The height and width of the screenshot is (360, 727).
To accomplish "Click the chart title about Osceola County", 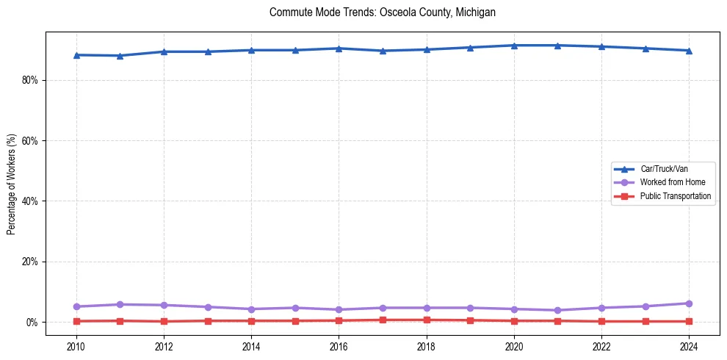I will (383, 12).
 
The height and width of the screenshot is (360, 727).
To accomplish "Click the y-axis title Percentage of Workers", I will (11, 184).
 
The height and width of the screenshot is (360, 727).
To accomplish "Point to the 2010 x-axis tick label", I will (76, 346).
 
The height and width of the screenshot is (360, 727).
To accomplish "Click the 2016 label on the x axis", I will (339, 346).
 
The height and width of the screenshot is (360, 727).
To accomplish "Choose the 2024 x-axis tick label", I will (689, 346).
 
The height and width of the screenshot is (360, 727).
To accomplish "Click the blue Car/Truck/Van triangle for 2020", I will (514, 46).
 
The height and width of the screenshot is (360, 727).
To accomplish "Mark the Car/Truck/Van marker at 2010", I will (76, 55).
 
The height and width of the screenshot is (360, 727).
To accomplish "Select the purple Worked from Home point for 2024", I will (689, 303).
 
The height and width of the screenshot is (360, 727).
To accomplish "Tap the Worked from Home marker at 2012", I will (164, 305).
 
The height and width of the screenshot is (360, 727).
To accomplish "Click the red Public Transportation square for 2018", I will (427, 320).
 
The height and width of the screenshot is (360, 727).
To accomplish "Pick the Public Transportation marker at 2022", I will (601, 321).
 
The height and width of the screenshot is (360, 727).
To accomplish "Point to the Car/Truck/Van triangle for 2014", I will (251, 50).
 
